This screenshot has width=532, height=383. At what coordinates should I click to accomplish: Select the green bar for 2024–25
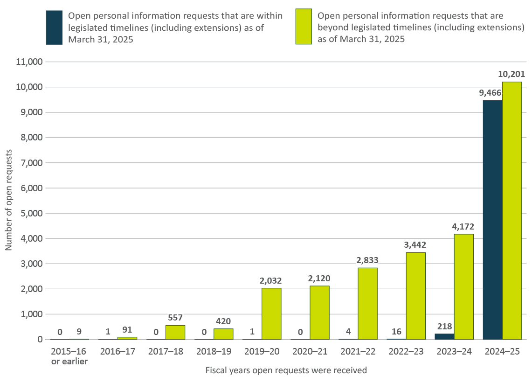512,210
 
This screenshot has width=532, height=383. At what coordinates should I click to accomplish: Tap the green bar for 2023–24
463,286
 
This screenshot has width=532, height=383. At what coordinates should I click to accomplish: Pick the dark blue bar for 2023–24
444,336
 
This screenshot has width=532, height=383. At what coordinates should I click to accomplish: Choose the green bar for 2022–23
415,296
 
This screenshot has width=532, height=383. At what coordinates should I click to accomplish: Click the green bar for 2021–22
367,303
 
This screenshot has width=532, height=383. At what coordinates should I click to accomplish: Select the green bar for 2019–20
271,313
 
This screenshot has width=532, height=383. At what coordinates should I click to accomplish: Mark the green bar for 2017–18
175,332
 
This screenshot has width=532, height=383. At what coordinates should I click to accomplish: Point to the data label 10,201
511,74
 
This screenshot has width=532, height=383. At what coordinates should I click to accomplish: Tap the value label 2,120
319,278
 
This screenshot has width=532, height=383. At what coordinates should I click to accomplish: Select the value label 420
223,321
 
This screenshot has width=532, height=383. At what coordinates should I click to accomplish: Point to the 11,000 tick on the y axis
29,62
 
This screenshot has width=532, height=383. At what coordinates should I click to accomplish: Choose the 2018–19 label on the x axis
214,352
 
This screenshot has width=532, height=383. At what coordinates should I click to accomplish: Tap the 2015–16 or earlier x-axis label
69,356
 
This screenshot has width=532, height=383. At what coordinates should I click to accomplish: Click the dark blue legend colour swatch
54,28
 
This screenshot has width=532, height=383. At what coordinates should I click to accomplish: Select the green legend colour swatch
304,27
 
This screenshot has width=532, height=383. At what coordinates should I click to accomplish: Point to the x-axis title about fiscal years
286,370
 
